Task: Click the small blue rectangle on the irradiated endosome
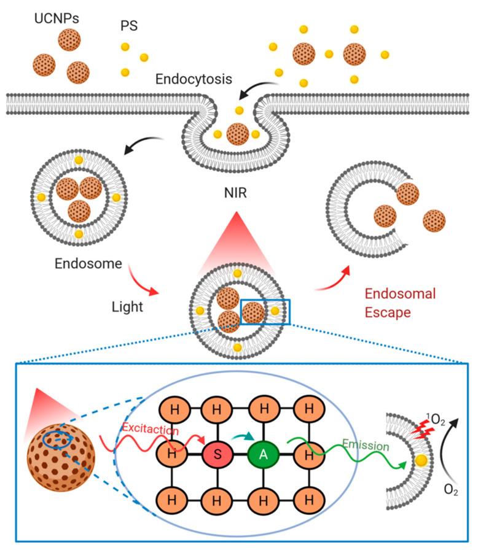[x=265, y=312]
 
